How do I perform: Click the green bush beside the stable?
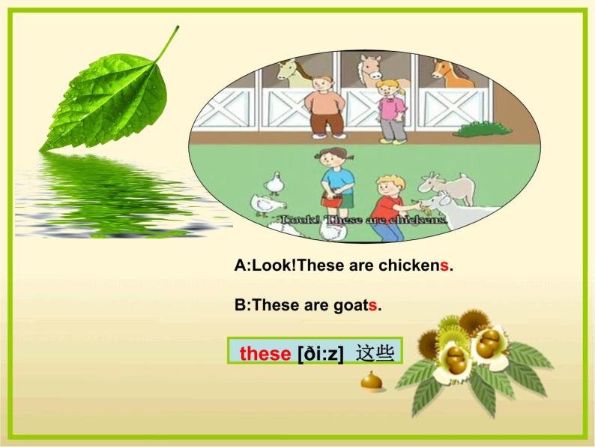pos(480,128)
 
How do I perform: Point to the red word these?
pos(265,353)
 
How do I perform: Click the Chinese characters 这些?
pos(375,352)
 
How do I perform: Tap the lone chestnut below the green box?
pos(371,382)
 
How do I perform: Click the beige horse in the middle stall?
pos(369,69)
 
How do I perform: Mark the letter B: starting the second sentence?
pos(241,306)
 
